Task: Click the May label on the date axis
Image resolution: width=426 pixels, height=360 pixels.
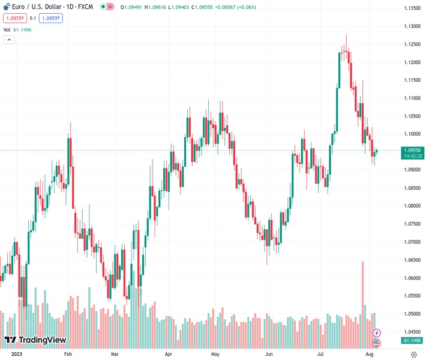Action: [x=215, y=355]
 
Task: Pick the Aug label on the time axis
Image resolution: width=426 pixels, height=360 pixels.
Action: [x=370, y=355]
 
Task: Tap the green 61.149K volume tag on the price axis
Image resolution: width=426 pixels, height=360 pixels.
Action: [x=411, y=341]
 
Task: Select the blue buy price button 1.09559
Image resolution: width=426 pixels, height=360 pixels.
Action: [x=51, y=18]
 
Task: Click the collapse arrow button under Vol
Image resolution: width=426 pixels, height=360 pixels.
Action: [x=9, y=40]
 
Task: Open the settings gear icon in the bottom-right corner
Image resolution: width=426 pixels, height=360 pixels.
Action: [x=413, y=355]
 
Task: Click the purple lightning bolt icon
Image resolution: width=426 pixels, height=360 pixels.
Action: [x=376, y=332]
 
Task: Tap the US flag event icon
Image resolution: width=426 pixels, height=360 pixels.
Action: [x=376, y=343]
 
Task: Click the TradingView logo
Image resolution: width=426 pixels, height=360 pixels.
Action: [x=35, y=340]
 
